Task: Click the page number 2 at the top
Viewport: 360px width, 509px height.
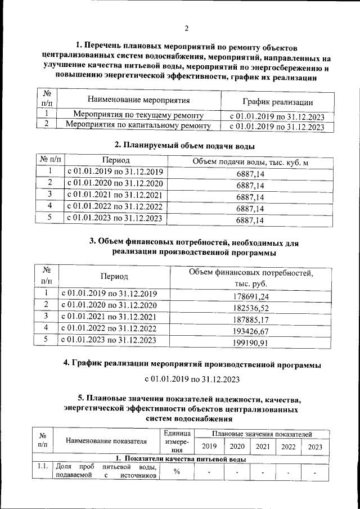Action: click(186, 28)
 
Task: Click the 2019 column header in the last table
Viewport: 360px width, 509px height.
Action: click(209, 447)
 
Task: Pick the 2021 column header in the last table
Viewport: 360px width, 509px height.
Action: click(262, 447)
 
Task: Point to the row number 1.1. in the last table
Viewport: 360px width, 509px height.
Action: click(42, 466)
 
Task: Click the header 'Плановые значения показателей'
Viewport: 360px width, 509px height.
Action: click(262, 434)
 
